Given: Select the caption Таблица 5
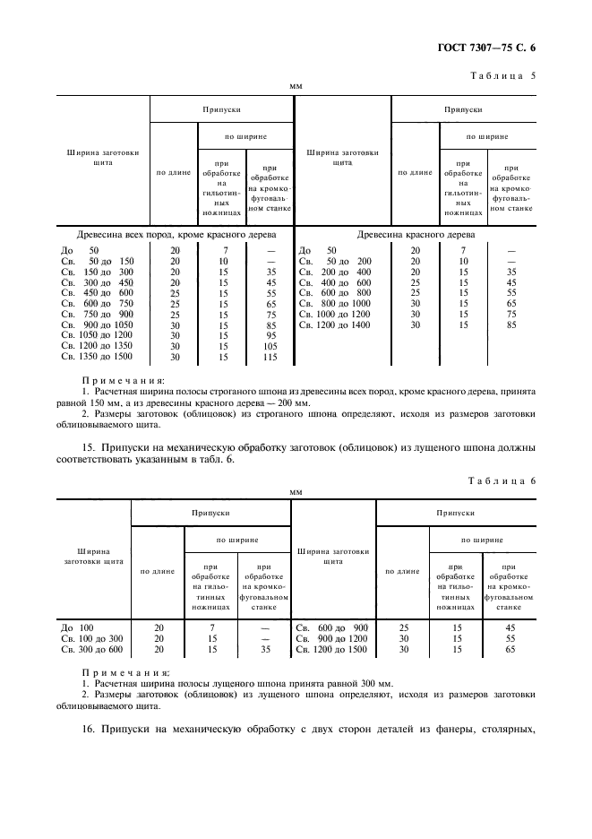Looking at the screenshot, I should coord(502,75).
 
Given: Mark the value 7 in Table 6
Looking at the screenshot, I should coord(212,627).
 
